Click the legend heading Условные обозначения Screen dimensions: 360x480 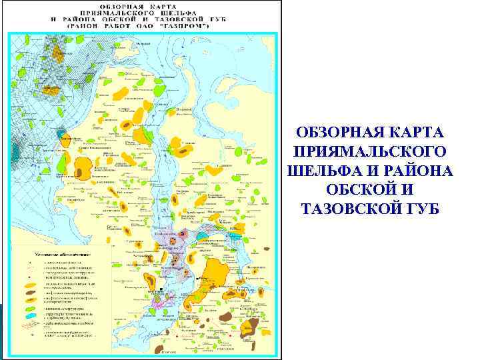63,255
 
